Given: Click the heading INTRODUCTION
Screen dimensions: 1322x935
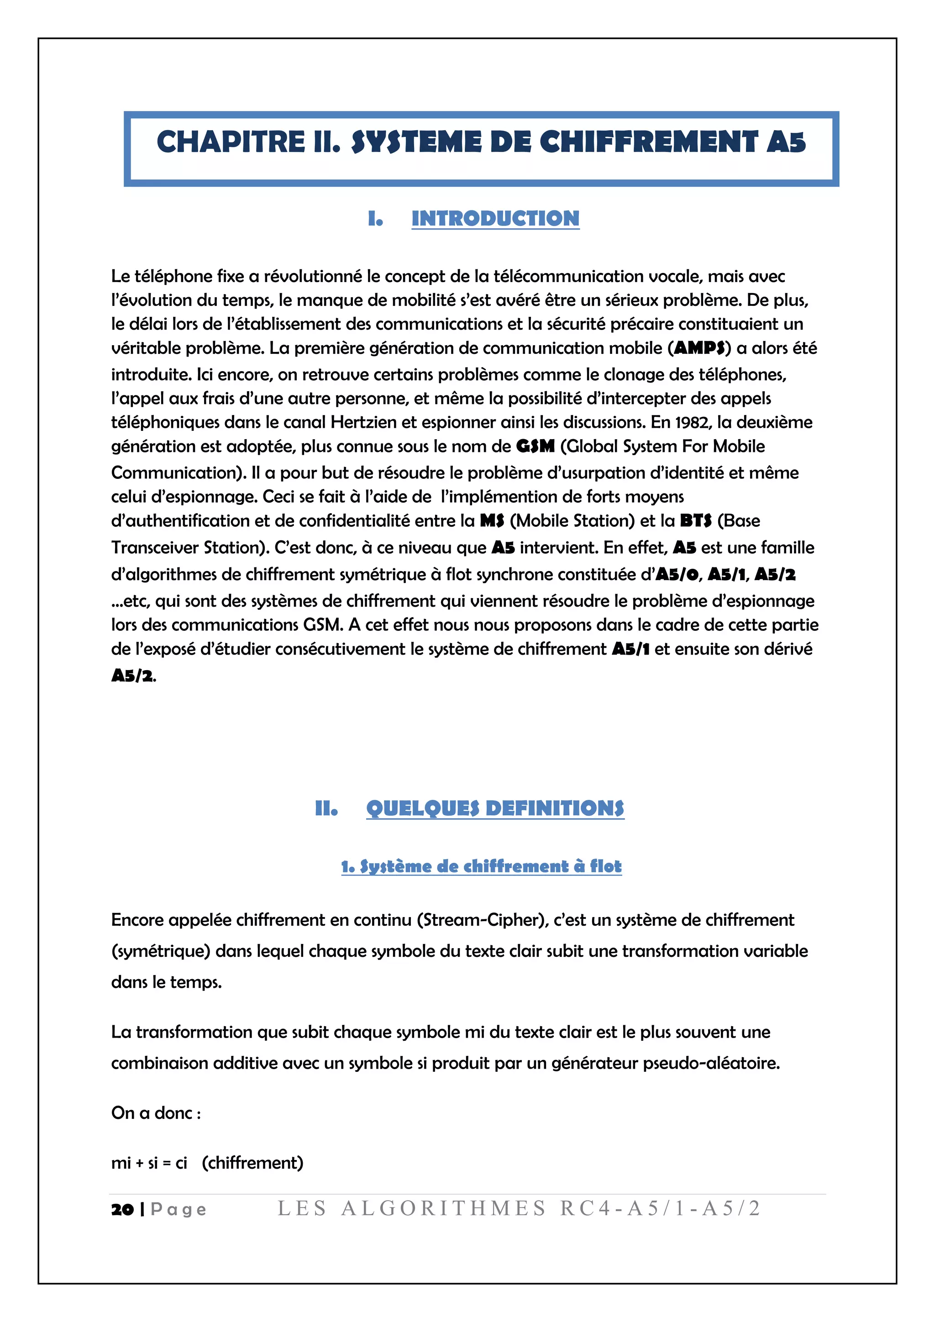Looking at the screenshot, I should pos(495,218).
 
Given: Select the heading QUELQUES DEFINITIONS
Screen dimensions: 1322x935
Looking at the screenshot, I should pos(495,808).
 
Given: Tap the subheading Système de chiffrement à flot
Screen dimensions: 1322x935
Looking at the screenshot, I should pos(481,866).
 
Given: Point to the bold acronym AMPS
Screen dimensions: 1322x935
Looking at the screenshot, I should pos(699,348).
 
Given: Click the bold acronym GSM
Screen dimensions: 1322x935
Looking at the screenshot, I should pos(535,446).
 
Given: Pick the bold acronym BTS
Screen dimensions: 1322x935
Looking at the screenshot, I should pos(695,520).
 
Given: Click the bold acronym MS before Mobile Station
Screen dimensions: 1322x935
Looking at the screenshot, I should pos(492,520).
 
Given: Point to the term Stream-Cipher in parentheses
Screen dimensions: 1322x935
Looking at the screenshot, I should pos(483,920).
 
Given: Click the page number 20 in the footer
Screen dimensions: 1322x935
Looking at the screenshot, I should pos(122,1210).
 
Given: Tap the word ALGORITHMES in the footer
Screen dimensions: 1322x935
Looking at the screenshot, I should pos(443,1208).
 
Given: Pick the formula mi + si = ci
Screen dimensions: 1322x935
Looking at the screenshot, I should pos(149,1163).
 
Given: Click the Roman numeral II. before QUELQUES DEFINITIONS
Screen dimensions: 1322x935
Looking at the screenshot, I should pos(326,808).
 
